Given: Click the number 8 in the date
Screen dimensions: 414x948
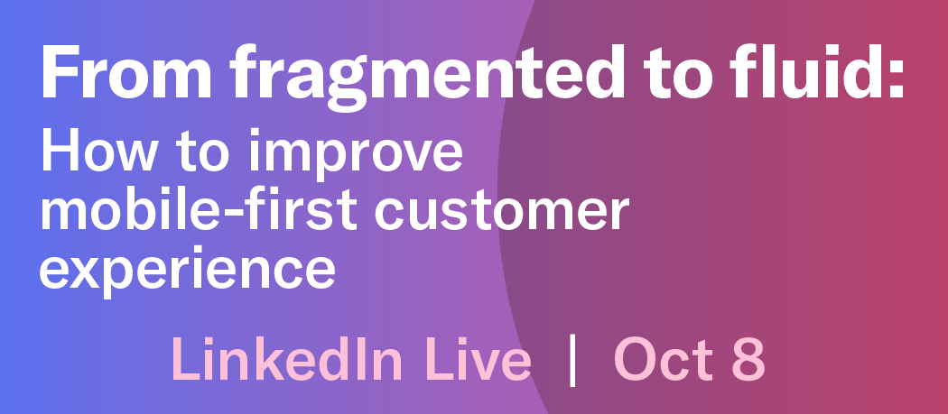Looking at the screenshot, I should (x=748, y=360).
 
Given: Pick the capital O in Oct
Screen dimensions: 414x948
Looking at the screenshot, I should (x=637, y=360).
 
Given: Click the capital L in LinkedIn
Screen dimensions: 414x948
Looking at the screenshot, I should (x=181, y=360).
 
